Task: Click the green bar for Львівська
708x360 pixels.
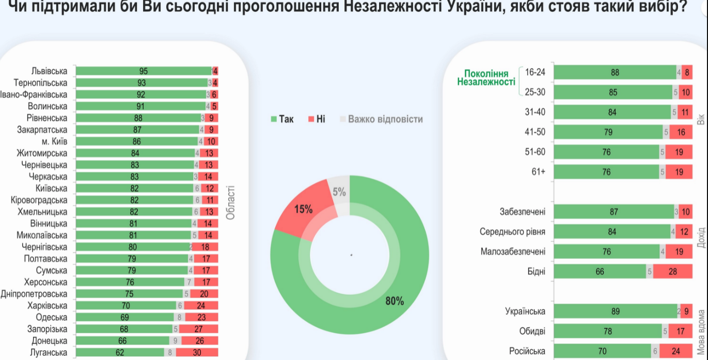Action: coord(143,71)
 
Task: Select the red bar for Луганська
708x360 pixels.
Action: coord(197,353)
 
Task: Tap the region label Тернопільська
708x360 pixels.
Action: coord(41,83)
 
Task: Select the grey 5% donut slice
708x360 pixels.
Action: coord(339,193)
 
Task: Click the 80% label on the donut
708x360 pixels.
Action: coord(395,301)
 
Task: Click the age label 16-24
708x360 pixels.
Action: coord(535,73)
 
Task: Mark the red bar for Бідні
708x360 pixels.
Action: coord(672,272)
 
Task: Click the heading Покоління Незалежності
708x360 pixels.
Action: coord(486,78)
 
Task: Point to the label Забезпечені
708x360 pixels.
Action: coord(522,212)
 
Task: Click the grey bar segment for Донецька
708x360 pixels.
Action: coord(175,341)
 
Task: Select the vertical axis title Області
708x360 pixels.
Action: coord(230,202)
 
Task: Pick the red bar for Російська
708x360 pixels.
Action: coord(675,351)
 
